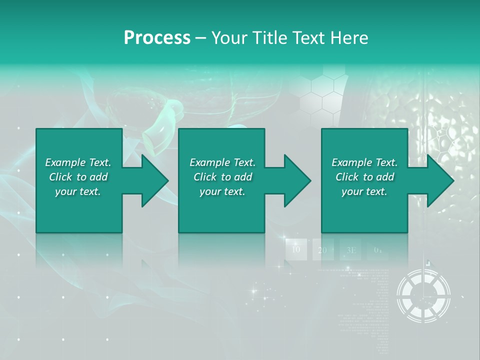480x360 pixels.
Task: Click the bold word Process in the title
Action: click(156, 38)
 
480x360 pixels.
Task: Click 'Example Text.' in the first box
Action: click(78, 162)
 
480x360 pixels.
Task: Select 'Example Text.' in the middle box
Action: click(222, 162)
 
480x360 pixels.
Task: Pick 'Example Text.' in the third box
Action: click(364, 162)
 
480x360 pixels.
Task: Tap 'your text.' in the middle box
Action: click(222, 191)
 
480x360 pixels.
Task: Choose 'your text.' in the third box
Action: click(364, 191)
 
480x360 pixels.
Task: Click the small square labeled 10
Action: click(296, 249)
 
